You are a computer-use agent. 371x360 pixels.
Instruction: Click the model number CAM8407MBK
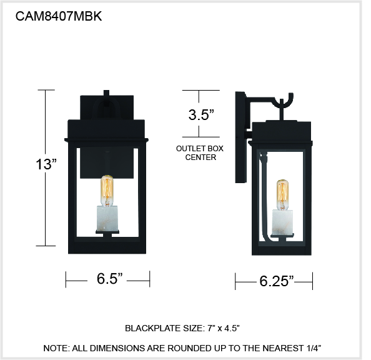pos(59,16)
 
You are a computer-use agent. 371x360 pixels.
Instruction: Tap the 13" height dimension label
pos(46,164)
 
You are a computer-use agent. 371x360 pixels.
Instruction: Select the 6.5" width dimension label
pos(109,279)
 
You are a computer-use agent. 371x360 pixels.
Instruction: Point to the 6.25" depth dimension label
pos(277,281)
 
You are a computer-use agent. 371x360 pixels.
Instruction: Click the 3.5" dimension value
pos(201,115)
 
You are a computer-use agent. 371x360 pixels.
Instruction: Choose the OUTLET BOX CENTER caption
pos(200,152)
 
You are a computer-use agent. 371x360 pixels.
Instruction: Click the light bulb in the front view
pos(107,191)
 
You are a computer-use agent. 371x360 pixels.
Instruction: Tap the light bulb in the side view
pos(282,195)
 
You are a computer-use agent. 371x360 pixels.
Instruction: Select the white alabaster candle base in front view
pos(107,218)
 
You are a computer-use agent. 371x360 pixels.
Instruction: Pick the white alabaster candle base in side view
pos(282,222)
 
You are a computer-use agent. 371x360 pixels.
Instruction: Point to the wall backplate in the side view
pos(241,137)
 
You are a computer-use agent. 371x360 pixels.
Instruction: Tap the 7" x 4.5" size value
pos(224,328)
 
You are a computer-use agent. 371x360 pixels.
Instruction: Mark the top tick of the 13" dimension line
pos(46,90)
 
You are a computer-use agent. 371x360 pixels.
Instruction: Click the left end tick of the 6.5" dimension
pos(66,279)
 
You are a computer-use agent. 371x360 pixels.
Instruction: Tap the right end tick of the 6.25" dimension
pos(312,281)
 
